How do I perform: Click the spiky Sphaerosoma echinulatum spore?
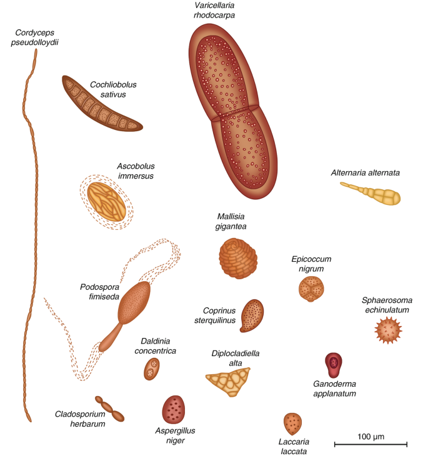tap(387, 329)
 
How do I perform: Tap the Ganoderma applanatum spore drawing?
tap(334, 363)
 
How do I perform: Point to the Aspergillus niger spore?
tap(174, 409)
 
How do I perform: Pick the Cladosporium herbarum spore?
tap(110, 409)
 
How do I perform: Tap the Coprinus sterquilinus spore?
tap(252, 315)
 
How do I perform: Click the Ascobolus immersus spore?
tap(111, 201)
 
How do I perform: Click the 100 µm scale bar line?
tap(371, 444)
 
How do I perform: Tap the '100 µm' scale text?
tap(371, 434)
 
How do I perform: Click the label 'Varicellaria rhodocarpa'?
tap(214, 11)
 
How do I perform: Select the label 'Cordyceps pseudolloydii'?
tap(41, 38)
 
